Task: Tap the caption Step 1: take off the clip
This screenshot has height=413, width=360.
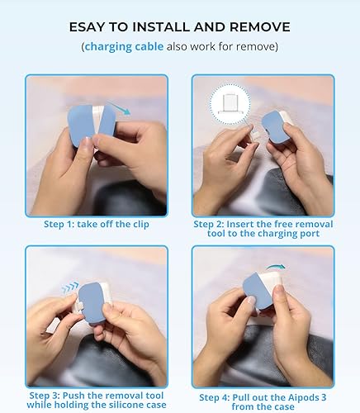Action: [x=97, y=224]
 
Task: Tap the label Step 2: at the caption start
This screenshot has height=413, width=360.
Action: [x=210, y=224]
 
